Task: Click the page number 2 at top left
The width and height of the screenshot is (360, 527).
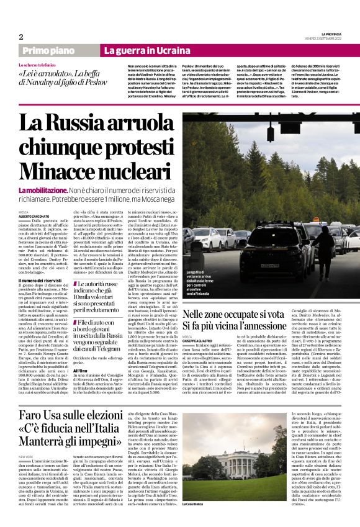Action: pyautogui.click(x=20, y=37)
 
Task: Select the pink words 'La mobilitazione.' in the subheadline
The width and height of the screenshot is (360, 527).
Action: pyautogui.click(x=43, y=189)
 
